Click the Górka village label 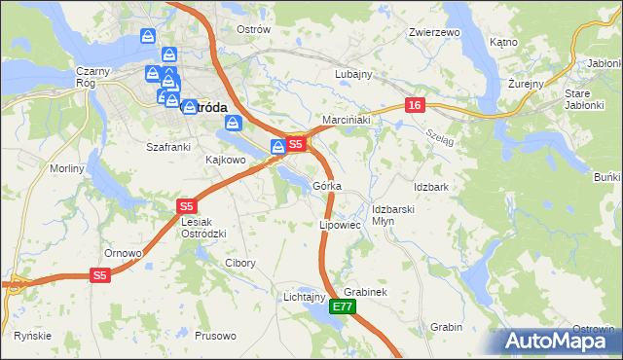[x=326, y=186]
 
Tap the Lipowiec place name [x=340, y=225]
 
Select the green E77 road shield [x=342, y=306]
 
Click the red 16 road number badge [x=414, y=104]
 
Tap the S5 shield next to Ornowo [x=101, y=276]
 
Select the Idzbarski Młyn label [x=394, y=215]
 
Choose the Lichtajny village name [x=303, y=296]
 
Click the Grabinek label [x=366, y=292]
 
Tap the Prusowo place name [x=215, y=336]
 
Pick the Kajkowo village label [x=224, y=159]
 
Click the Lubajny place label [x=353, y=74]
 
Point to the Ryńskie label [x=32, y=336]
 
